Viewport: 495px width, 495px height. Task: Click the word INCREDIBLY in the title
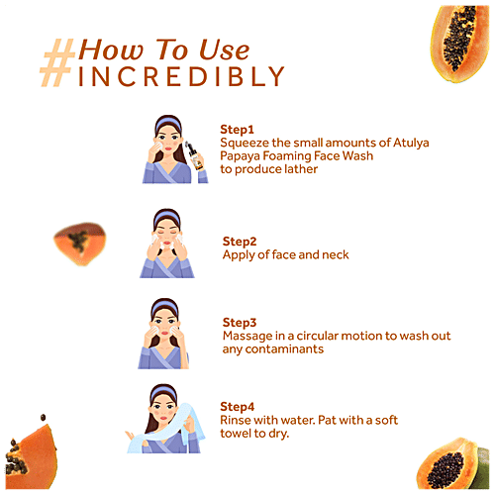[181, 76]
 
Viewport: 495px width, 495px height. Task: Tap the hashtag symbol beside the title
[56, 62]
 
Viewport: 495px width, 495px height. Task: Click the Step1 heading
[237, 130]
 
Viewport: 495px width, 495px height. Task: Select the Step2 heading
[240, 242]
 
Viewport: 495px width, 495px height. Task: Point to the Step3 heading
[240, 323]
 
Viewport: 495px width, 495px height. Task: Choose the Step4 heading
[238, 407]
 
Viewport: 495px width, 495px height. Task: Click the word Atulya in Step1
[411, 144]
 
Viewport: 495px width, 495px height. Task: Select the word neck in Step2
[336, 254]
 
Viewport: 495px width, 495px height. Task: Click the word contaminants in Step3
[284, 349]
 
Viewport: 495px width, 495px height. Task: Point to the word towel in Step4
[236, 434]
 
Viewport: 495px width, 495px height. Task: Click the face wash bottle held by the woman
[194, 155]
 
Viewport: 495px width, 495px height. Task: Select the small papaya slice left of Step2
[80, 244]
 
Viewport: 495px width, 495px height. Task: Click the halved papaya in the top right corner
[459, 44]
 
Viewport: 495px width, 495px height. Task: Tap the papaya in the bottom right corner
[452, 463]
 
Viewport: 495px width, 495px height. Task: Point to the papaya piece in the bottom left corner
[31, 458]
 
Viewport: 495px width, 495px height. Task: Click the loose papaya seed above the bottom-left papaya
[43, 418]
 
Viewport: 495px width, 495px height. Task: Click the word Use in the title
[225, 50]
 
